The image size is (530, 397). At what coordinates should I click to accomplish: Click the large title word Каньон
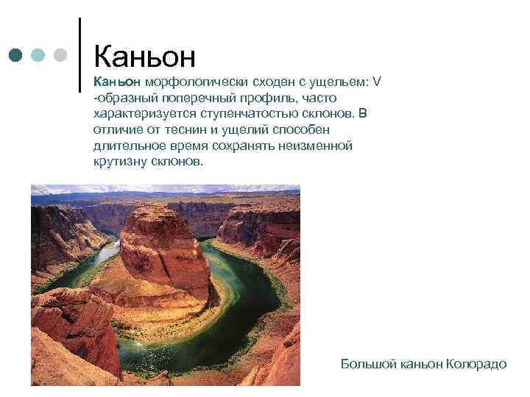click(x=145, y=54)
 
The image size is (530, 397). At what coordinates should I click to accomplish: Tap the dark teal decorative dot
click(x=15, y=55)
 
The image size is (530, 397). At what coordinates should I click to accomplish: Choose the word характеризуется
click(x=142, y=114)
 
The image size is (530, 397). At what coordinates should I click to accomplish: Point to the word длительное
click(x=126, y=146)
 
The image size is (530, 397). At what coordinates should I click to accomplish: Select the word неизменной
click(x=319, y=146)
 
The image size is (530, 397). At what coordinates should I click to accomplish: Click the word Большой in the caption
click(x=369, y=365)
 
